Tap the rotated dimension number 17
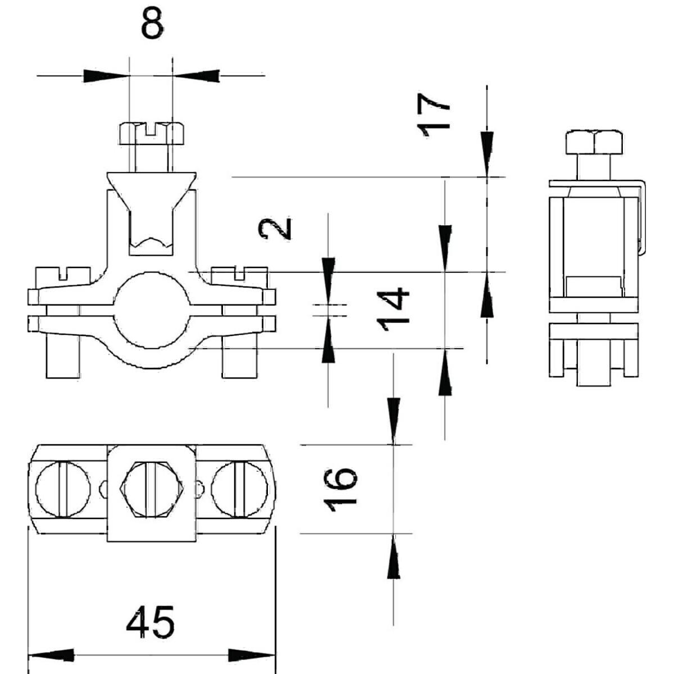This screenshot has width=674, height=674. [x=436, y=115]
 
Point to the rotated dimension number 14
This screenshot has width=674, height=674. [x=393, y=308]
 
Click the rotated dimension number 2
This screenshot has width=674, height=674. [x=275, y=229]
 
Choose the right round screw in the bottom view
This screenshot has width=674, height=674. [x=240, y=489]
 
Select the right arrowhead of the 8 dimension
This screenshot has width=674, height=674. [x=197, y=75]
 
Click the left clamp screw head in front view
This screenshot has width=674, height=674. [x=62, y=275]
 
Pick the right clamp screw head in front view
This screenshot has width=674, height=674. [x=240, y=275]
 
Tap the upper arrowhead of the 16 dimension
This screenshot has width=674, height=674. [x=394, y=421]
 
